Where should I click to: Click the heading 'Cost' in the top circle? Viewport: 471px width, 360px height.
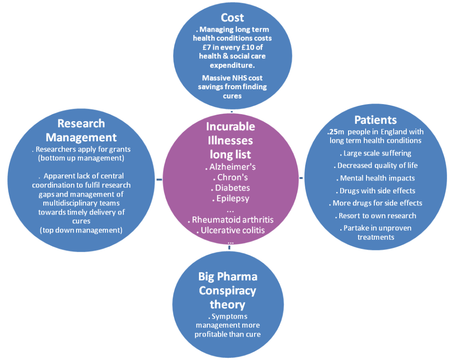(x=232, y=18)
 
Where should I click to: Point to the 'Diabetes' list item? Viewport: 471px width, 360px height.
(x=232, y=188)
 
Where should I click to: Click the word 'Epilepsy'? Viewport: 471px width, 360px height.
(x=232, y=198)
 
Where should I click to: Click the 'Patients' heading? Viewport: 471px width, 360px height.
(x=375, y=120)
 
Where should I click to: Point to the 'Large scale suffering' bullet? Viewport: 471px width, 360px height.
(x=377, y=153)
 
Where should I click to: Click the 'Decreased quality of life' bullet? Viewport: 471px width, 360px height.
(x=377, y=166)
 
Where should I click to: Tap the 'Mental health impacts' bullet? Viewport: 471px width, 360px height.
(x=377, y=178)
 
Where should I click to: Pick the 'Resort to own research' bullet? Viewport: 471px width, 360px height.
(x=377, y=215)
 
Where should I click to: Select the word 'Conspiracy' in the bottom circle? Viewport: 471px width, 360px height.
(x=227, y=290)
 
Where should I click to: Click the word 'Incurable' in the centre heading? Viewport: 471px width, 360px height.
(x=230, y=126)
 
